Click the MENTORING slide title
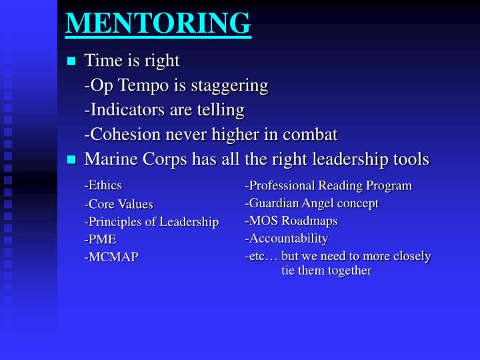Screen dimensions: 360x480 click(158, 22)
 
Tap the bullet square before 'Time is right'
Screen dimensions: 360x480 click(72, 62)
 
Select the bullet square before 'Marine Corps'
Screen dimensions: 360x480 click(72, 160)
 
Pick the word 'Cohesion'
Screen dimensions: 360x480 click(125, 134)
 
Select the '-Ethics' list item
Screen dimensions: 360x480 click(103, 185)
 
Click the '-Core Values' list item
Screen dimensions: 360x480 click(119, 204)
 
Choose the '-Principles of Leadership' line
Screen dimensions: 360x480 click(151, 222)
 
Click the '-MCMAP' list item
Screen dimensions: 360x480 click(111, 257)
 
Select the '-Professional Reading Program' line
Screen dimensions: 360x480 click(328, 185)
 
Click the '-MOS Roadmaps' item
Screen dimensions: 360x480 click(291, 221)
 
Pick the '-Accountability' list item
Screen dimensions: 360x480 click(286, 239)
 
